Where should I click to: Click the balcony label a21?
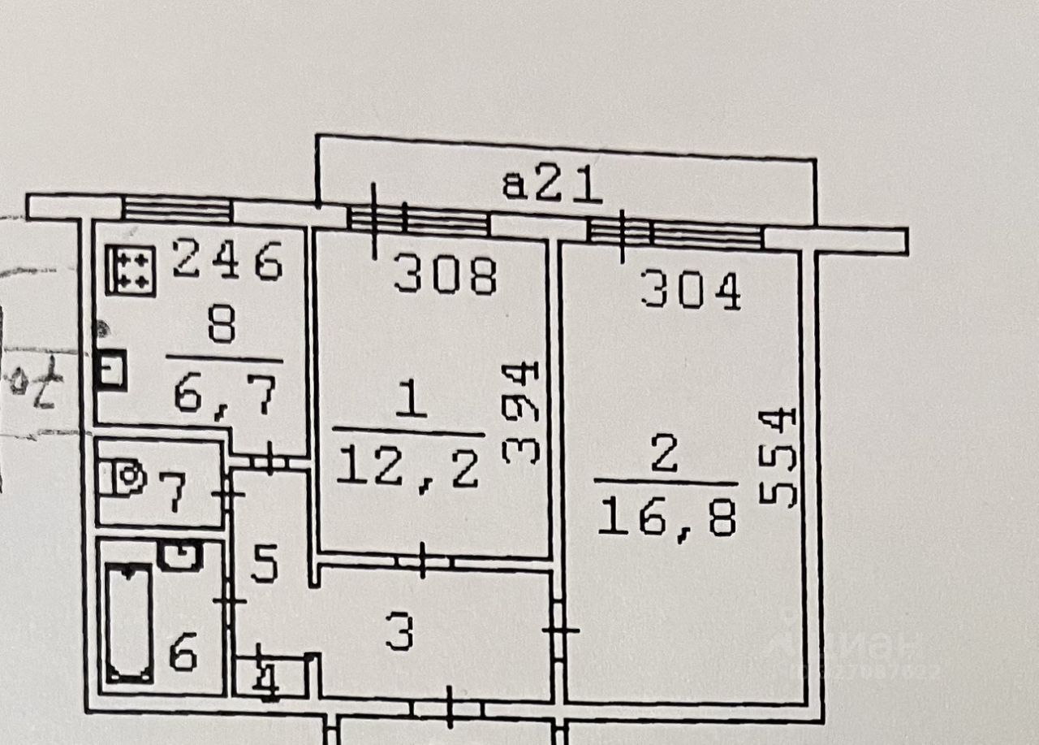tap(552, 186)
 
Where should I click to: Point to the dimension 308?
tap(444, 276)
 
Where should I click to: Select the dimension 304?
tap(691, 291)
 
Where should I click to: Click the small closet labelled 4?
tap(269, 677)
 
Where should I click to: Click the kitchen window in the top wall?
tap(177, 210)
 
